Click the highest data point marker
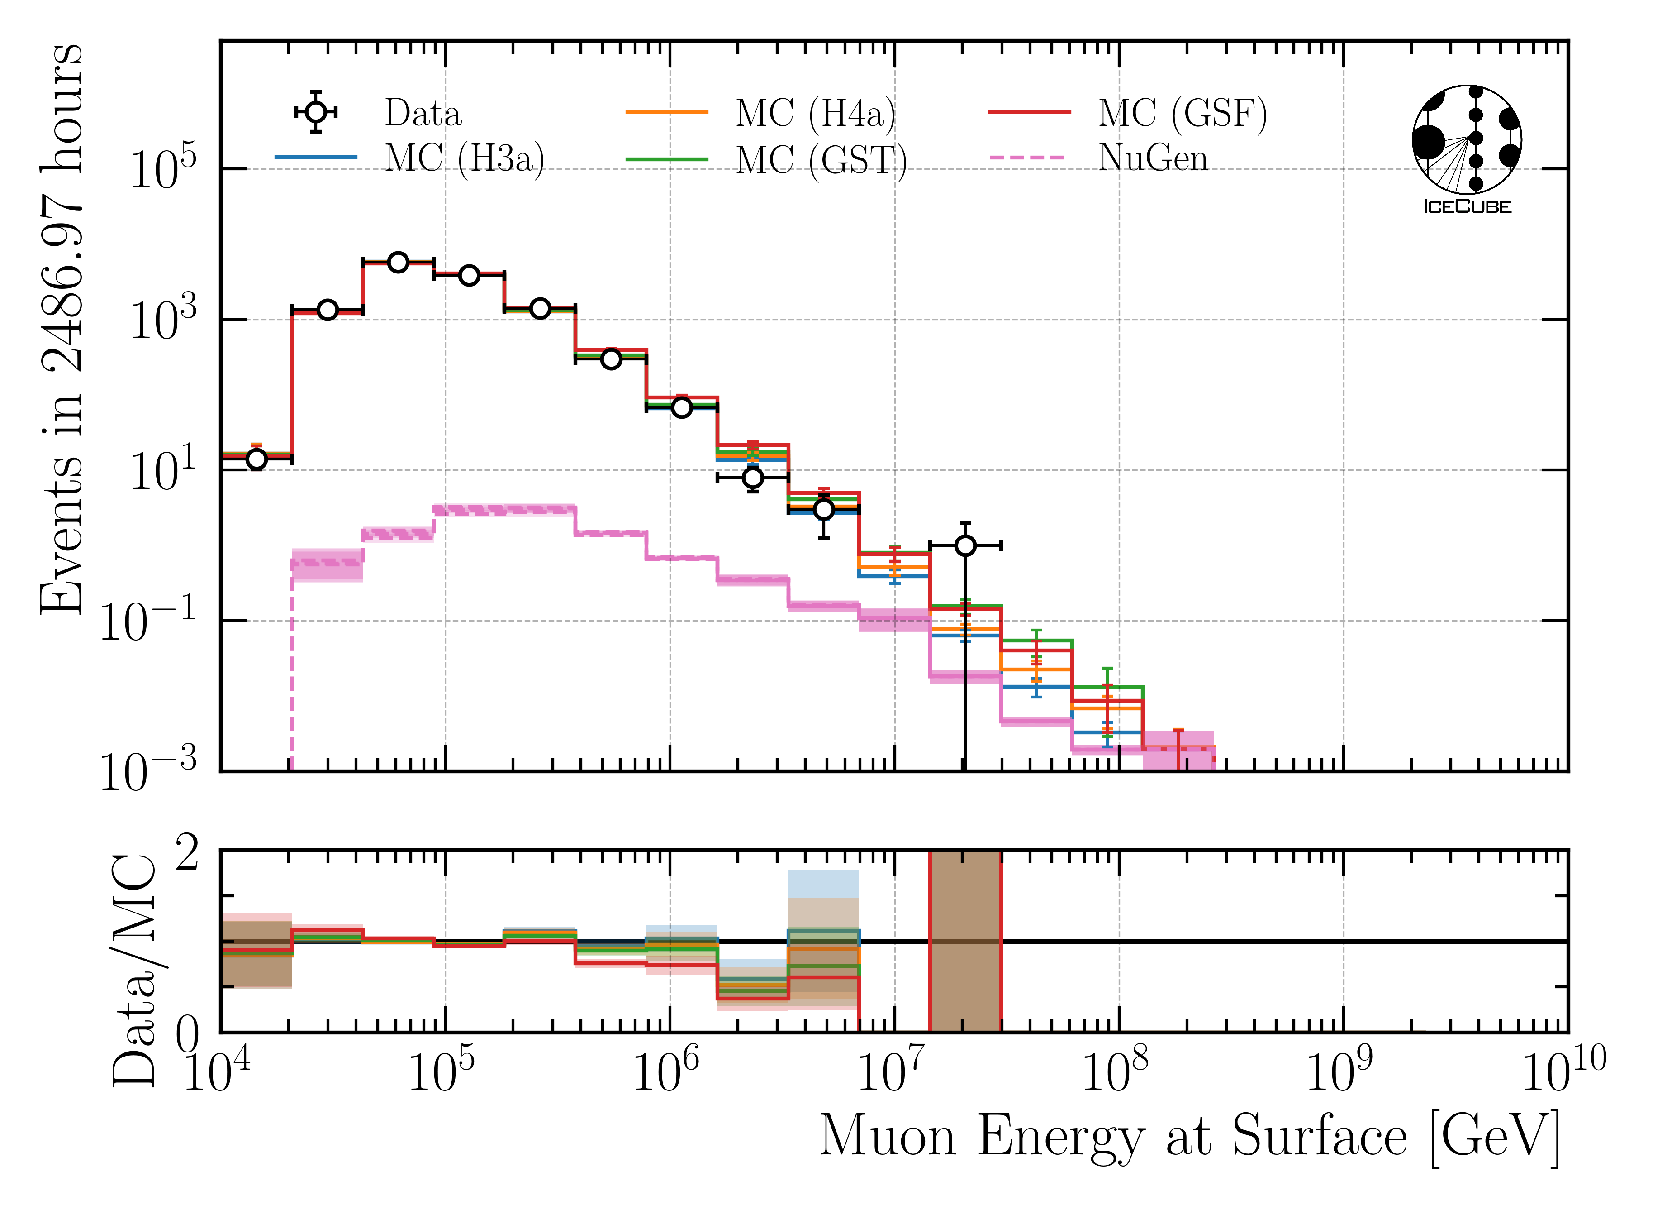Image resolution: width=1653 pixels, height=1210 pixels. point(398,262)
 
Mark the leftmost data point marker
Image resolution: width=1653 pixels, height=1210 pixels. point(256,459)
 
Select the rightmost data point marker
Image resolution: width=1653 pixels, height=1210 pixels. point(965,545)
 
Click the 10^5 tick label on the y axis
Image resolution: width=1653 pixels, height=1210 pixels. point(162,169)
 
